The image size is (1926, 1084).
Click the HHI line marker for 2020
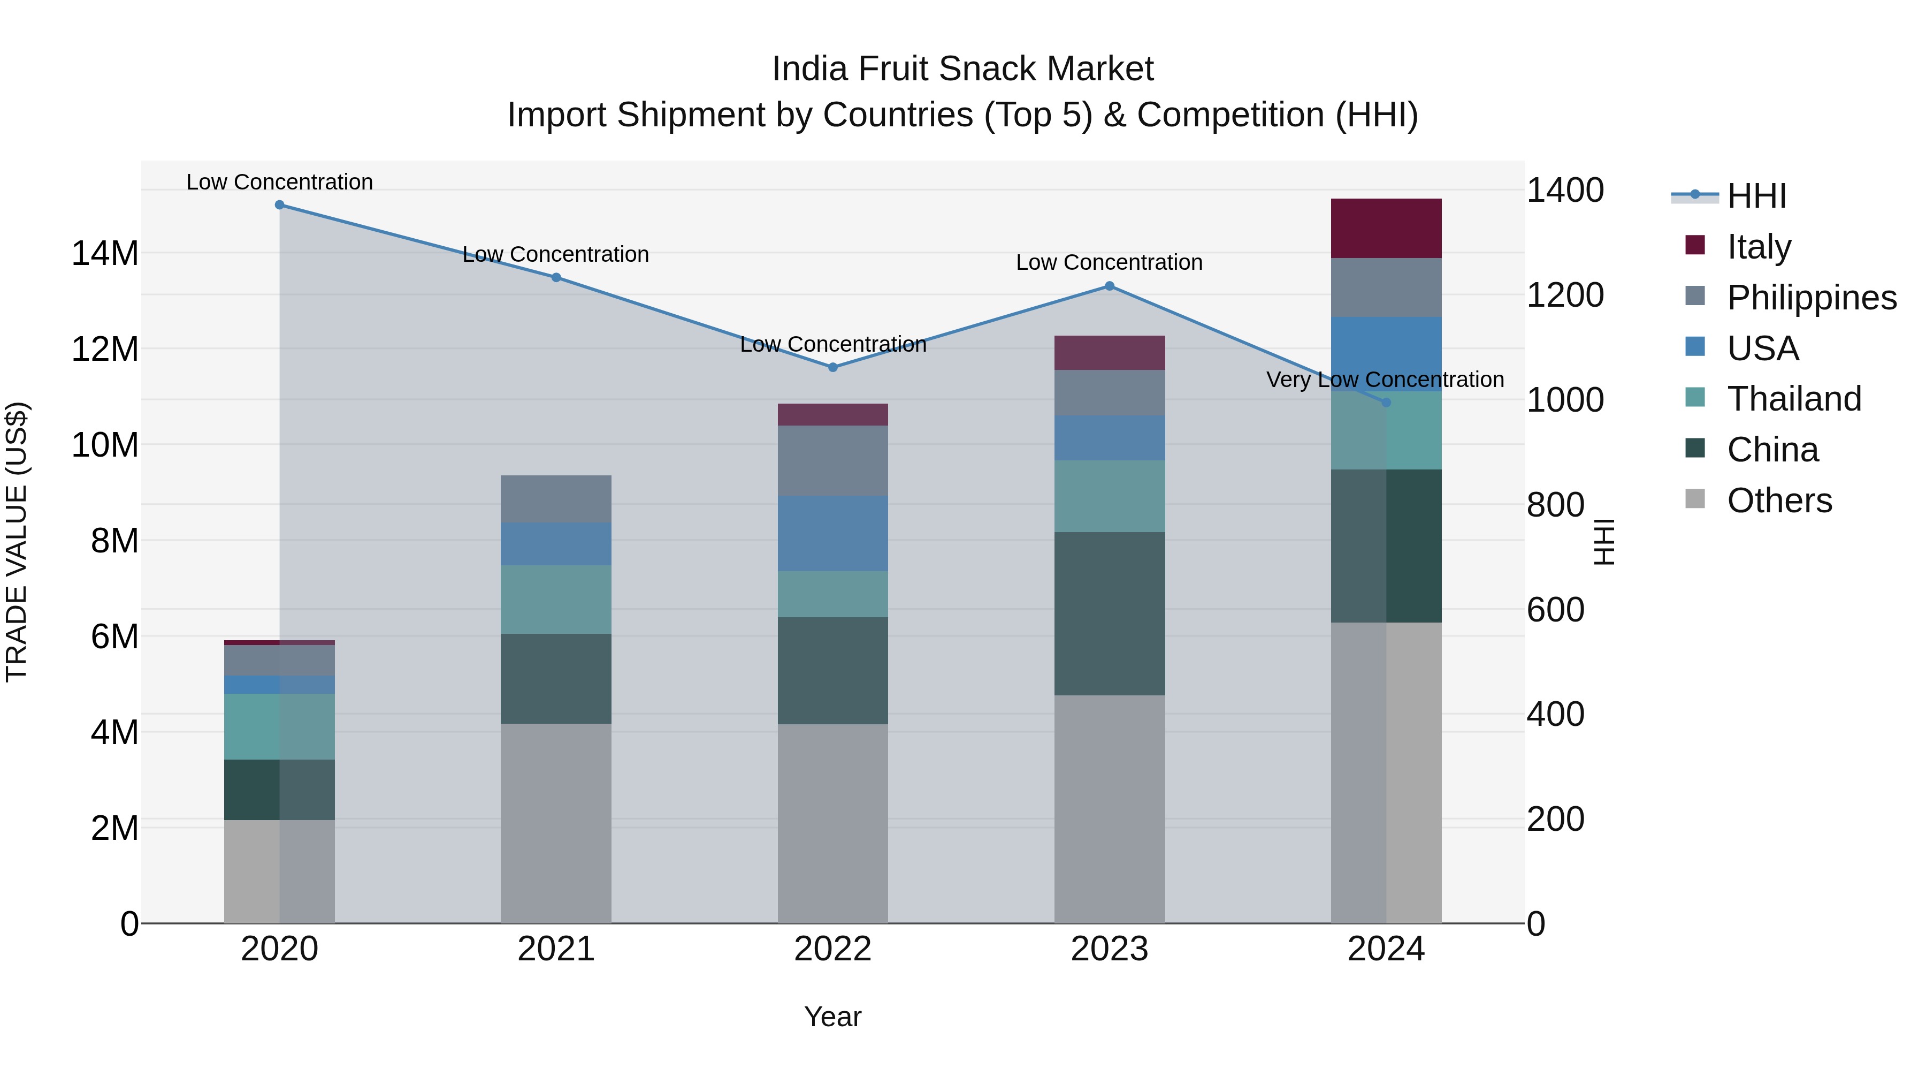click(280, 205)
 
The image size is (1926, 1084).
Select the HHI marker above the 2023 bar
click(1110, 286)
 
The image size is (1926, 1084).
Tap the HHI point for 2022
click(833, 367)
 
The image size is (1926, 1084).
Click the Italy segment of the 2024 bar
click(1386, 228)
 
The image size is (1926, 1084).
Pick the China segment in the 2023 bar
click(1110, 613)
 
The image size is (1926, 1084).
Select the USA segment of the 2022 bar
click(833, 533)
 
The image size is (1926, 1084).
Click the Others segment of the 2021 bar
click(556, 823)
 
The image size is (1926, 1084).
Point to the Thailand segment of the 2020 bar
click(280, 726)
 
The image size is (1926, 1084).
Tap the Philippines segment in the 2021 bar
click(556, 499)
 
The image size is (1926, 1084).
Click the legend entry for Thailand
click(1794, 399)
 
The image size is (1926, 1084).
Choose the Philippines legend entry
click(1811, 298)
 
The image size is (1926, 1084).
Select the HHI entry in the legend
click(1756, 196)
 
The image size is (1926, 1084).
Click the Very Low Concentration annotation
click(1385, 380)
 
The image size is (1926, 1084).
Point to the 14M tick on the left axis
click(105, 254)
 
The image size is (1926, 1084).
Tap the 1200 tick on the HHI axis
click(1565, 295)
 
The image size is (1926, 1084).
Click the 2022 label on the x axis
click(833, 949)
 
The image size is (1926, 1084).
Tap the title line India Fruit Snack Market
click(962, 70)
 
